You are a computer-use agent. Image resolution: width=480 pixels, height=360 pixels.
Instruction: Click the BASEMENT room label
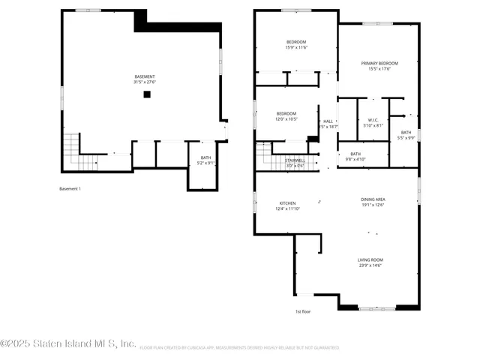tap(145, 76)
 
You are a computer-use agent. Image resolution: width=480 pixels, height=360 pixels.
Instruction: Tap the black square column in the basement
tap(147, 94)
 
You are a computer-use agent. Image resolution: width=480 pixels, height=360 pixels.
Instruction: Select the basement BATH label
tap(205, 158)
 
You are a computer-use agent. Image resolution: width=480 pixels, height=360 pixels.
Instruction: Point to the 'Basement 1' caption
tap(70, 189)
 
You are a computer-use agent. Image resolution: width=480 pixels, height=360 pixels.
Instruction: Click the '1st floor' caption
tap(303, 310)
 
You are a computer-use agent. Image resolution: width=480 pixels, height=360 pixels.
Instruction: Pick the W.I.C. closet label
tap(373, 121)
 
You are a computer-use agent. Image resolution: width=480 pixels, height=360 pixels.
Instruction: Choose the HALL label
tap(328, 121)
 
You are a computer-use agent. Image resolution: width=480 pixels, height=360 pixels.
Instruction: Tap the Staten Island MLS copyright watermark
tap(68, 343)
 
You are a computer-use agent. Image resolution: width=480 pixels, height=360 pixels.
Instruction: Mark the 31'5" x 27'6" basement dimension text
tap(145, 82)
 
